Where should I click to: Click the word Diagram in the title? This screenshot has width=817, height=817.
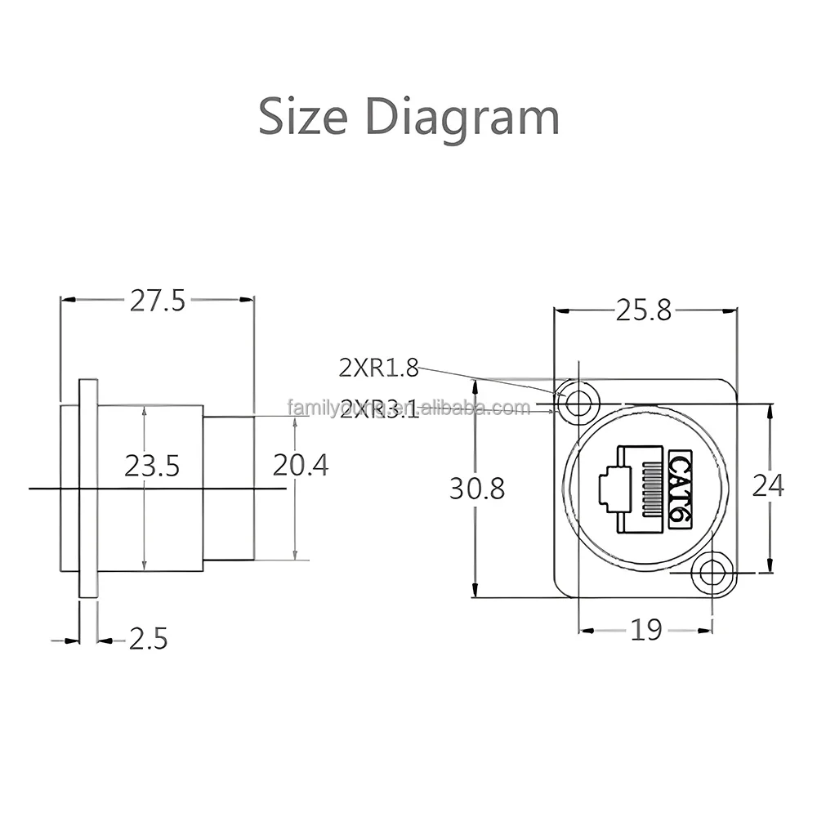click(462, 117)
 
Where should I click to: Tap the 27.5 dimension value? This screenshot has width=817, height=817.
click(158, 301)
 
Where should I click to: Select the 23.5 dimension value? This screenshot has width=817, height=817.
click(152, 466)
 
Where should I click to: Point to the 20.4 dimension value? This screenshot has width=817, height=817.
click(300, 466)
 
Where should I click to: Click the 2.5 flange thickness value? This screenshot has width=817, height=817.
click(148, 639)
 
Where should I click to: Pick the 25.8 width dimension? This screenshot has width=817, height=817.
click(643, 310)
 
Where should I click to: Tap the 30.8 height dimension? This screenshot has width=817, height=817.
click(476, 489)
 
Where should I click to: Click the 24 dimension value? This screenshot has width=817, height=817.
click(767, 485)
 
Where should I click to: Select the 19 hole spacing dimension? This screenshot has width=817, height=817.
click(645, 630)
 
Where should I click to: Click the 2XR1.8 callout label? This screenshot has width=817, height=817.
click(378, 368)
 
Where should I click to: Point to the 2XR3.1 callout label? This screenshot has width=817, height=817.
click(379, 408)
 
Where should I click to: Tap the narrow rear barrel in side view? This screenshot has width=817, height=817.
click(229, 488)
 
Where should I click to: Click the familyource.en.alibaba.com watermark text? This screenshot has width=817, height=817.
click(408, 407)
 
